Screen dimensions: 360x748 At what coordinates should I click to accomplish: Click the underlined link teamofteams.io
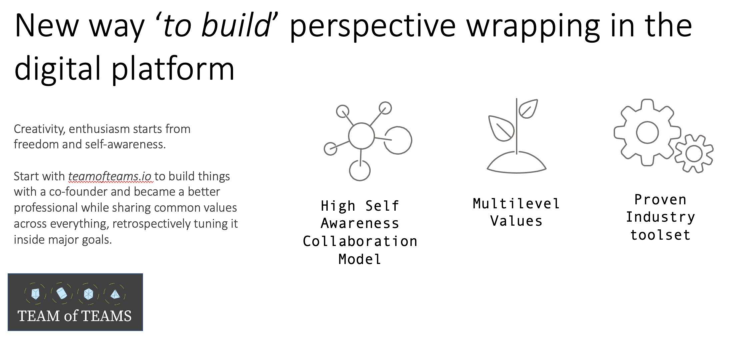click(110, 176)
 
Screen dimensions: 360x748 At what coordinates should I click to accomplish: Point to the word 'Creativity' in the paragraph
click(39, 129)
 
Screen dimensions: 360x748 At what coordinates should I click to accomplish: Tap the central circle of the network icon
click(361, 136)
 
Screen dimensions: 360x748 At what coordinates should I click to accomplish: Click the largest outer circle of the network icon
click(398, 140)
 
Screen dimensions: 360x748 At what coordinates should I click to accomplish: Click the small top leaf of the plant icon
click(528, 109)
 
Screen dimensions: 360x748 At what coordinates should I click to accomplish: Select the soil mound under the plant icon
click(516, 163)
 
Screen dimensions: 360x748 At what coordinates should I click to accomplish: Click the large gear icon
click(647, 132)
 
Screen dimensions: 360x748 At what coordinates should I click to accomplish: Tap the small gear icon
click(694, 154)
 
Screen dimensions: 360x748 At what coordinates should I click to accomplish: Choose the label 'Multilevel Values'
click(516, 212)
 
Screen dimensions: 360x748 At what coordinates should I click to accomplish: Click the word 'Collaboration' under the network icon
click(360, 241)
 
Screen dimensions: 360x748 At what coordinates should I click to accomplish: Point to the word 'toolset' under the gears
click(660, 235)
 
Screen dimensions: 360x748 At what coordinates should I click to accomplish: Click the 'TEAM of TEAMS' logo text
click(75, 316)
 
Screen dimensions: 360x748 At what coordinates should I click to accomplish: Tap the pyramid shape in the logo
click(115, 294)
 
